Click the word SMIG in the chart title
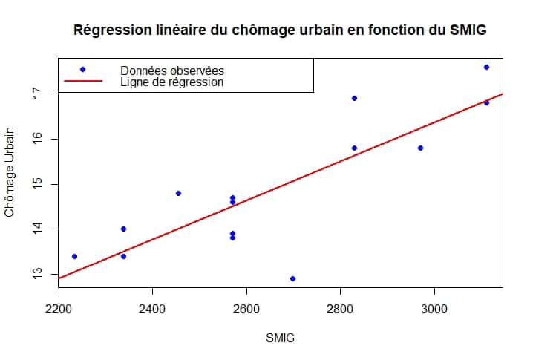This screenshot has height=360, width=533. pyautogui.click(x=467, y=30)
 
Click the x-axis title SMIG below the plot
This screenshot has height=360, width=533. pyautogui.click(x=280, y=338)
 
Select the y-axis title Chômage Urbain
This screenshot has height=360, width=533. pyautogui.click(x=10, y=172)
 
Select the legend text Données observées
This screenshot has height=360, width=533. pyautogui.click(x=171, y=70)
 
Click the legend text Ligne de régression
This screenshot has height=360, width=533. pyautogui.click(x=171, y=82)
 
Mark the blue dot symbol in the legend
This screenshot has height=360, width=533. pyautogui.click(x=82, y=69)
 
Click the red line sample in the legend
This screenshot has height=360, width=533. pyautogui.click(x=82, y=82)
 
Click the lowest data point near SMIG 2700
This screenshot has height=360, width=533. pyautogui.click(x=292, y=278)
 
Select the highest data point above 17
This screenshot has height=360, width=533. pyautogui.click(x=486, y=67)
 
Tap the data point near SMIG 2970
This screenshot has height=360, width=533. pyautogui.click(x=420, y=148)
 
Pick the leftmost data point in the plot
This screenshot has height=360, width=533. pyautogui.click(x=74, y=256)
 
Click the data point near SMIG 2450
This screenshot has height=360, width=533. pyautogui.click(x=178, y=193)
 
